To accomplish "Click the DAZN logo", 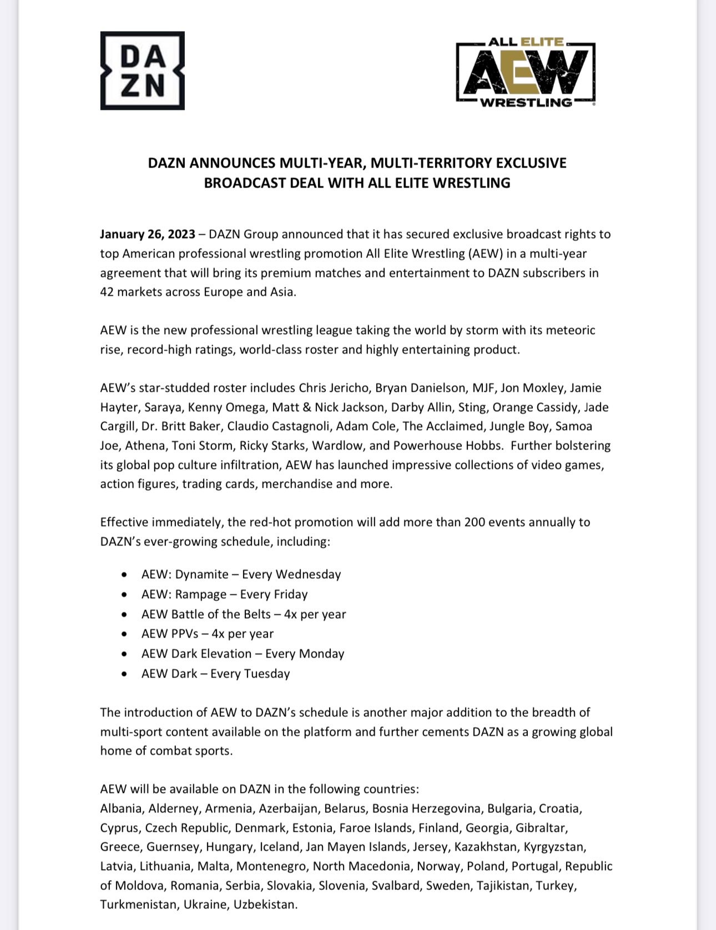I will [x=142, y=70].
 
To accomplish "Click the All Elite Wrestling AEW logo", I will [x=525, y=72].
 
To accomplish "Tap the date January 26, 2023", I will [x=148, y=234].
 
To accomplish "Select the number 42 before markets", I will [x=107, y=292].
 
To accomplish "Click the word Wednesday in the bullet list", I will [x=308, y=574].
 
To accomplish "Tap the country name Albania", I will [x=120, y=808].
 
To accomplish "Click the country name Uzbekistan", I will [x=265, y=904].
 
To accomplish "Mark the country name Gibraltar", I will [x=541, y=828].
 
